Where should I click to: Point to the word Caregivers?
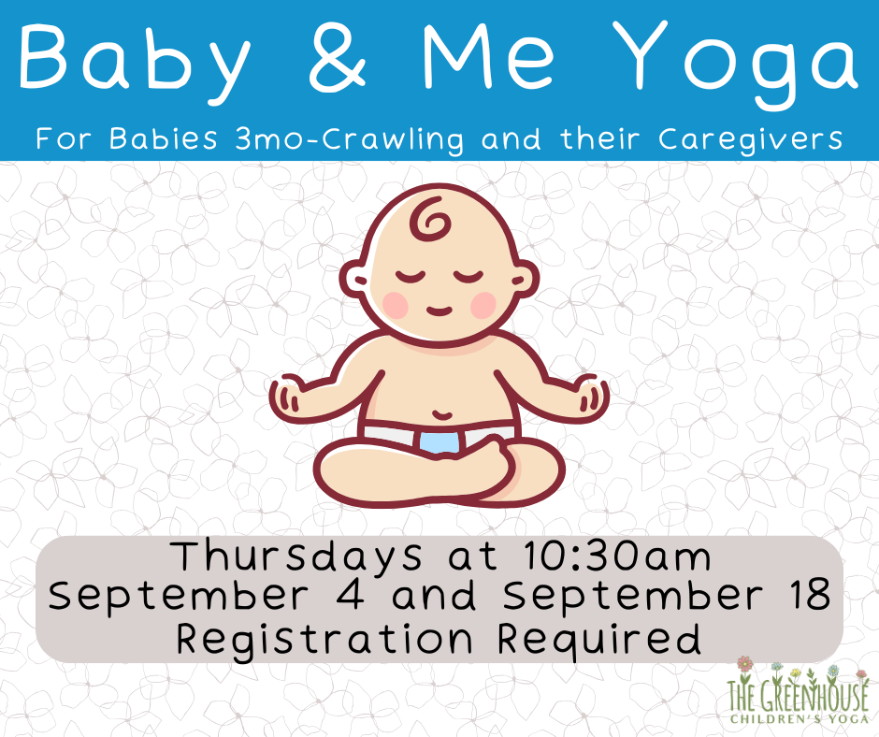(x=751, y=139)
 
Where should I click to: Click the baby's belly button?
(x=442, y=415)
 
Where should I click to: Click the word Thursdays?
(x=297, y=556)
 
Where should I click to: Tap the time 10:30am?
(x=617, y=556)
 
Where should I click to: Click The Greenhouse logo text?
(x=798, y=697)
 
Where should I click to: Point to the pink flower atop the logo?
(x=744, y=664)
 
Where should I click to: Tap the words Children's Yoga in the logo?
(x=799, y=719)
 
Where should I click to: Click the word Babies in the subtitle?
(x=163, y=138)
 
